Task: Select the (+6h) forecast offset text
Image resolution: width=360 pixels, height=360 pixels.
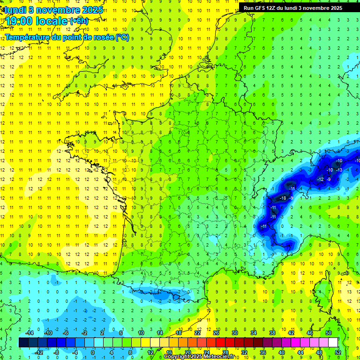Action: (78, 21)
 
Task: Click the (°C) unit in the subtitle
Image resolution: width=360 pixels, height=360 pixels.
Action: (121, 37)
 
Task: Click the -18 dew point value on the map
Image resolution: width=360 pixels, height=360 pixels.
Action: (283, 198)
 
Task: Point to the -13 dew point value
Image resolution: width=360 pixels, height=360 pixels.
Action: (339, 170)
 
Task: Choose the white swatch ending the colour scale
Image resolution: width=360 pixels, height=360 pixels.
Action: (333, 343)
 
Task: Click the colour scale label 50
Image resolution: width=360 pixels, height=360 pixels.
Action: (328, 333)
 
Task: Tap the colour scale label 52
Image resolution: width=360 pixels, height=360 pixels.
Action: (337, 352)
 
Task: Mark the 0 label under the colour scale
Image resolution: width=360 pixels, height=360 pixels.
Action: (93, 352)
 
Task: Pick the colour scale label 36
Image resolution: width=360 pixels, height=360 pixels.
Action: (262, 352)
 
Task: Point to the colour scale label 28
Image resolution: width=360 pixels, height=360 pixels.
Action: (225, 352)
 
